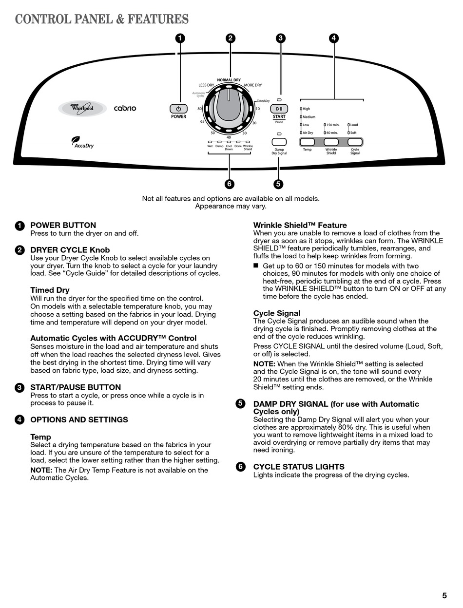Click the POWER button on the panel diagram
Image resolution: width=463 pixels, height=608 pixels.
pyautogui.click(x=178, y=109)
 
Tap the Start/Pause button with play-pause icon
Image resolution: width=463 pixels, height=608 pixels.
pyautogui.click(x=279, y=109)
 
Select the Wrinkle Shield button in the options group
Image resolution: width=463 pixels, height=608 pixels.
pyautogui.click(x=331, y=142)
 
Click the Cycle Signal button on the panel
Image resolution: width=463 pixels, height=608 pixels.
pyautogui.click(x=355, y=142)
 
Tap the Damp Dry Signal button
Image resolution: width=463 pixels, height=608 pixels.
pyautogui.click(x=279, y=142)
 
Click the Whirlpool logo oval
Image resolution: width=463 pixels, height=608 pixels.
pyautogui.click(x=82, y=108)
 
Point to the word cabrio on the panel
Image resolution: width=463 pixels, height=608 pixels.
pyautogui.click(x=125, y=108)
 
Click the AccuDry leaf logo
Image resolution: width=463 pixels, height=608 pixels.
pyautogui.click(x=82, y=142)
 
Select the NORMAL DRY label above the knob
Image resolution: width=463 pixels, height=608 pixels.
pyautogui.click(x=229, y=80)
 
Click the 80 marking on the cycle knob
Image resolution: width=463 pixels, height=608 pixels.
pyautogui.click(x=200, y=109)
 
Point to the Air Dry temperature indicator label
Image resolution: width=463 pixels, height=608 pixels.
pyautogui.click(x=308, y=133)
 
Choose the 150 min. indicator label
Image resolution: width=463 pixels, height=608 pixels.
pyautogui.click(x=332, y=125)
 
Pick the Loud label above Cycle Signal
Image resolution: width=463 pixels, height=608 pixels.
pyautogui.click(x=354, y=125)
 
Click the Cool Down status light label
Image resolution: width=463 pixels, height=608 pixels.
pyautogui.click(x=229, y=148)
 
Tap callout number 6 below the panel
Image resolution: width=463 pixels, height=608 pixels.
pyautogui.click(x=229, y=184)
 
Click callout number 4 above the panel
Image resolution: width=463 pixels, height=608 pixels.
pyautogui.click(x=333, y=38)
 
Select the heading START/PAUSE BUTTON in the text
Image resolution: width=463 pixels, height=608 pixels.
pyautogui.click(x=76, y=388)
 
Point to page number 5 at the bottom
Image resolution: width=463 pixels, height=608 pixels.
pyautogui.click(x=444, y=595)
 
